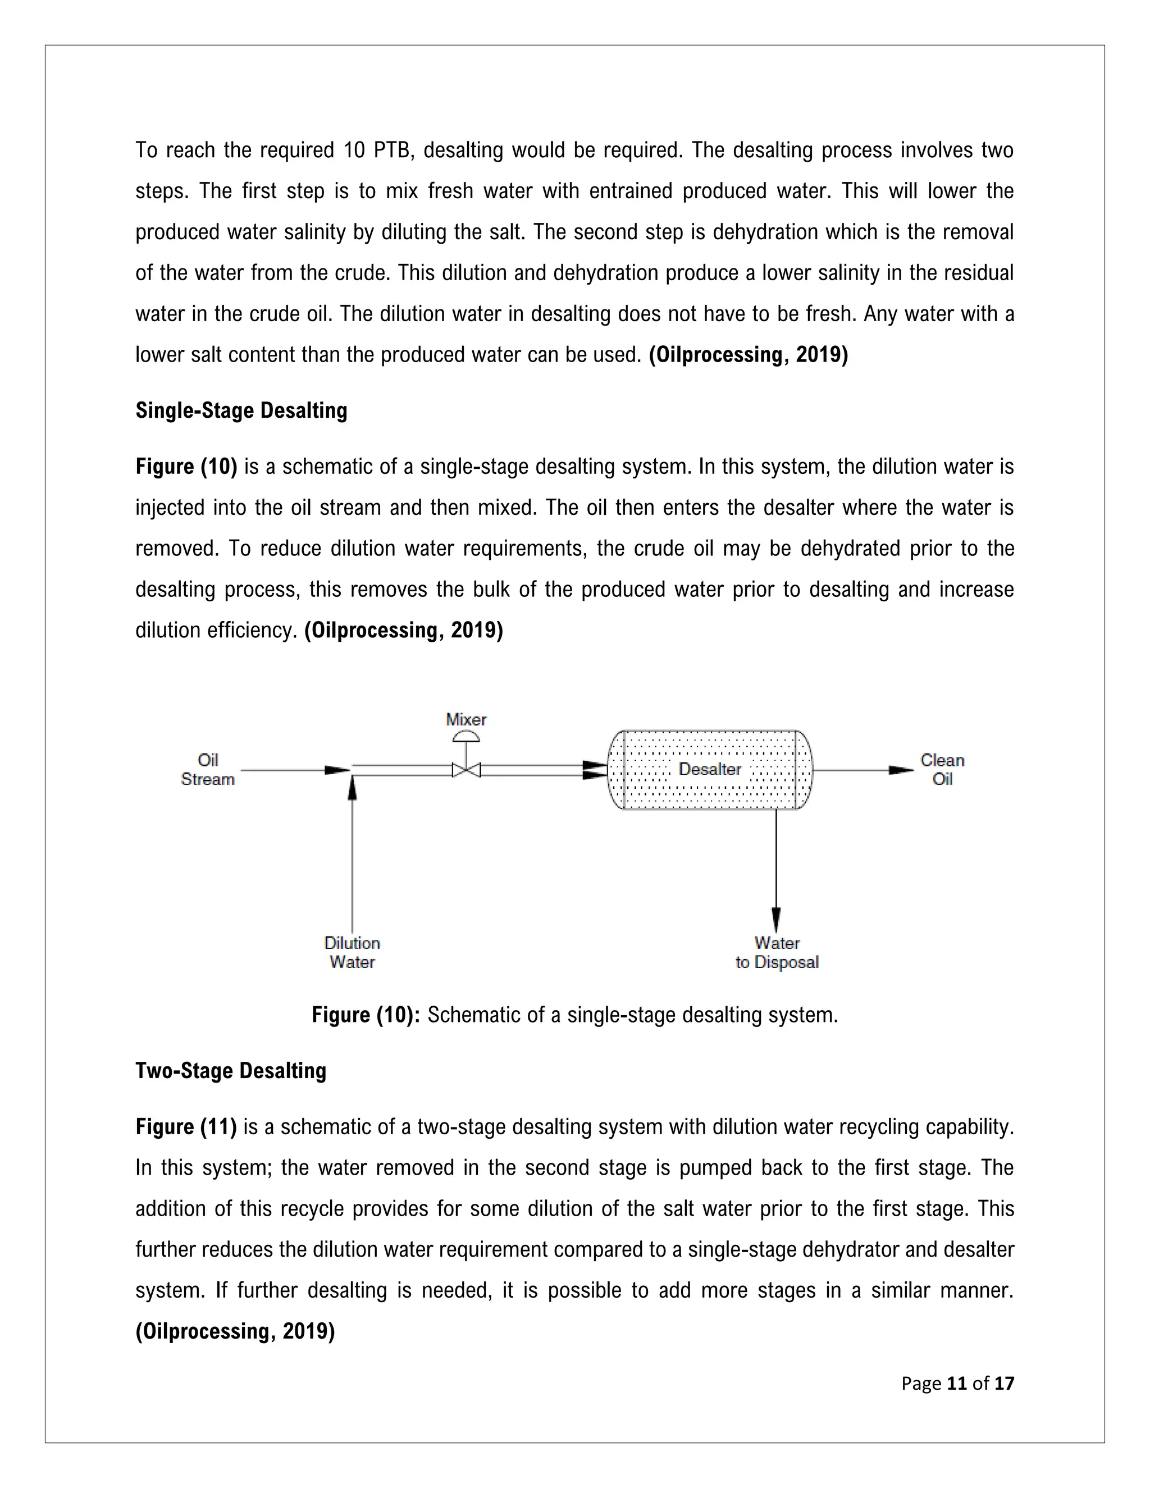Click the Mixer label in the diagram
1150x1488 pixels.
click(x=466, y=719)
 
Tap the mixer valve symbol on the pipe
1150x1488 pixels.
click(x=466, y=770)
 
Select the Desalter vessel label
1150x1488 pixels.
click(x=709, y=769)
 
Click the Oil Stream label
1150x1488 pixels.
click(x=208, y=770)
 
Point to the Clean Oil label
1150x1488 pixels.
click(x=942, y=770)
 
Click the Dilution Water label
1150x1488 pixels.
click(x=352, y=952)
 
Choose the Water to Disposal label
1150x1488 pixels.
click(x=777, y=952)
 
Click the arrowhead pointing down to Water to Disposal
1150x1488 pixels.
click(x=776, y=920)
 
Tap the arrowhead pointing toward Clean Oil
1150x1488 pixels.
click(x=901, y=770)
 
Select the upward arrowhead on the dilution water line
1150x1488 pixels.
click(x=352, y=789)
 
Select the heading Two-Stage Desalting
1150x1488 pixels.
click(x=231, y=1070)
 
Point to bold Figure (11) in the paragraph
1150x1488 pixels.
click(x=186, y=1126)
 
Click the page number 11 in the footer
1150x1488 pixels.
click(x=956, y=1383)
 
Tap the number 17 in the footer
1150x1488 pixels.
click(x=1004, y=1383)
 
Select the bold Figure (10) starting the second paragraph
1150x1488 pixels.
click(x=186, y=467)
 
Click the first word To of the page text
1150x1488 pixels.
click(x=146, y=150)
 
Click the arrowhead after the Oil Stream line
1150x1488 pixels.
click(x=337, y=770)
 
